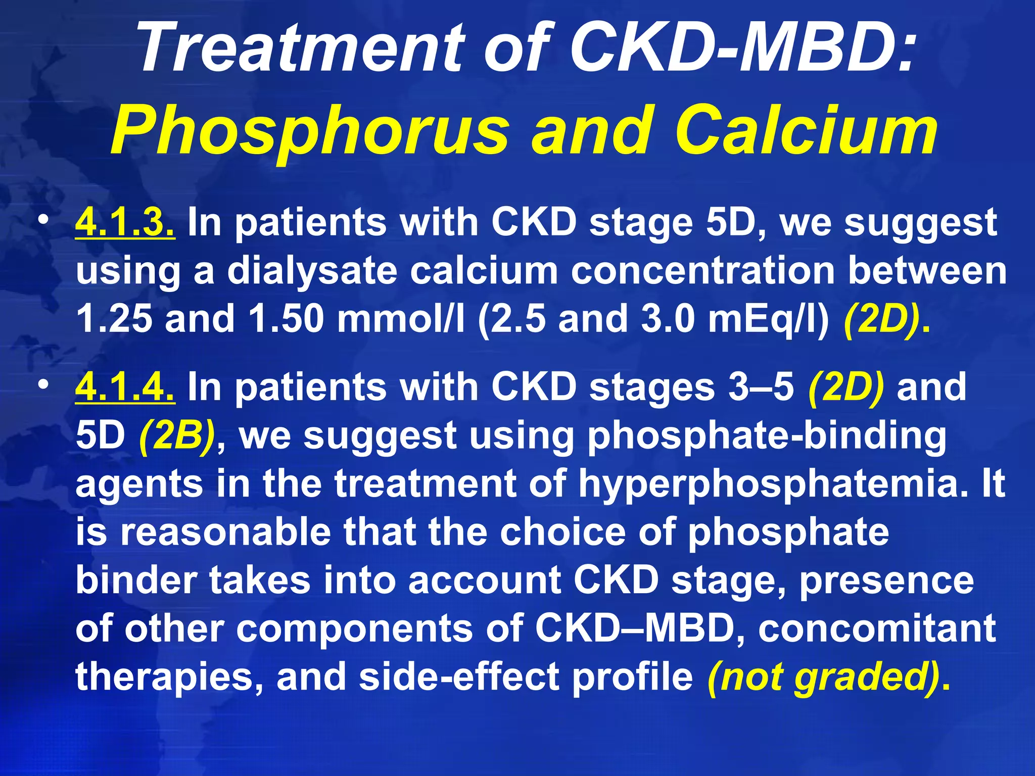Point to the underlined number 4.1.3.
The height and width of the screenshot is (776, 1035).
pos(125,222)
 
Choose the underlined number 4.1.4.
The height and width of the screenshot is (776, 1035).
pos(125,387)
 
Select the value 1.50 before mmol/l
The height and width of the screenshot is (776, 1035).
pos(286,319)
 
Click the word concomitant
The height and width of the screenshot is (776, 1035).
pos(877,629)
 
